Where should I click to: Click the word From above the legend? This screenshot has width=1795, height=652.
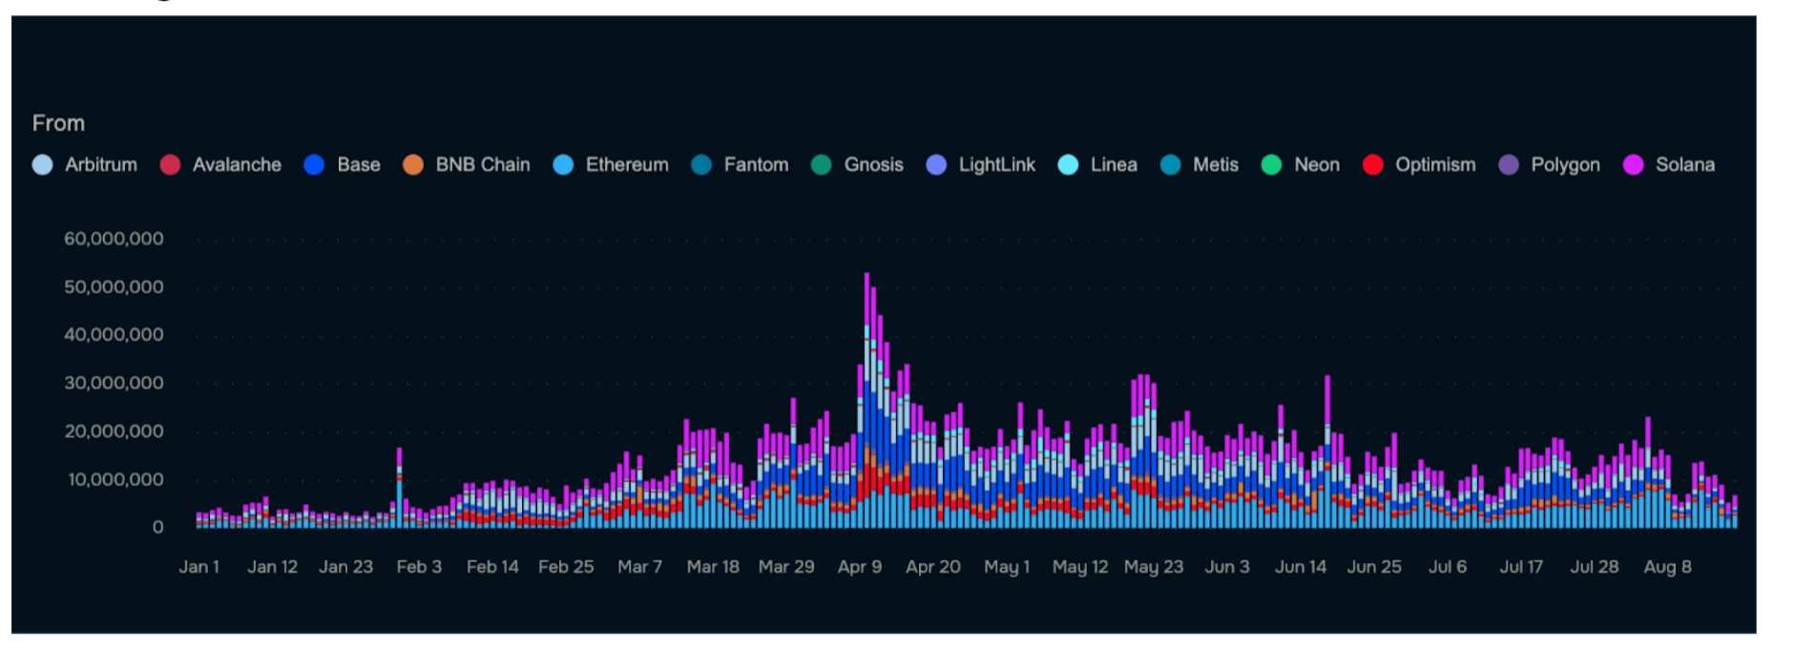click(58, 123)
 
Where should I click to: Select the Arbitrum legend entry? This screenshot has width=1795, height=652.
click(100, 165)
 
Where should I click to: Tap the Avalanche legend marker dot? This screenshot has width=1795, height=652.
click(170, 165)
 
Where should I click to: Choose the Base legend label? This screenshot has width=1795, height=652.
click(358, 165)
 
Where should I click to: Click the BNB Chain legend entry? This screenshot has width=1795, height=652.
click(482, 165)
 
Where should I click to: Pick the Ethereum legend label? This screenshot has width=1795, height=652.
click(626, 165)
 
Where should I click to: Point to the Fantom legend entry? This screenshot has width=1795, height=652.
click(755, 165)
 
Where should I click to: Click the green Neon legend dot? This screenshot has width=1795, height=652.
click(1271, 165)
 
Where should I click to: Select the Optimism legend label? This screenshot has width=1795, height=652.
click(1434, 165)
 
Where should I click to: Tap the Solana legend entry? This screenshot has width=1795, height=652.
click(1684, 165)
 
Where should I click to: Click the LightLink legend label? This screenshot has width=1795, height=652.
click(996, 165)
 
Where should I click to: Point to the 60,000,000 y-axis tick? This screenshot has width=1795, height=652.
click(114, 239)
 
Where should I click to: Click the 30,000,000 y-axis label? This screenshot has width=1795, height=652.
click(114, 383)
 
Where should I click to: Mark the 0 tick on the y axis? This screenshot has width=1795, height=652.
click(157, 527)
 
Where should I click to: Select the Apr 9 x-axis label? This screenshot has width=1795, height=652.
click(859, 567)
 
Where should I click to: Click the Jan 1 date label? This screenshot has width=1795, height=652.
click(198, 567)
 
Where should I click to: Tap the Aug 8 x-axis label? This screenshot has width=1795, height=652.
click(1667, 567)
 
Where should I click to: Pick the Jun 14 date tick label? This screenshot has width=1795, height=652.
click(1300, 567)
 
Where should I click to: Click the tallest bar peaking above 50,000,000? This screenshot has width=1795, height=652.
click(866, 401)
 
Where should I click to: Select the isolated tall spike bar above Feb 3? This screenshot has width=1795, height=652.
click(399, 488)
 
